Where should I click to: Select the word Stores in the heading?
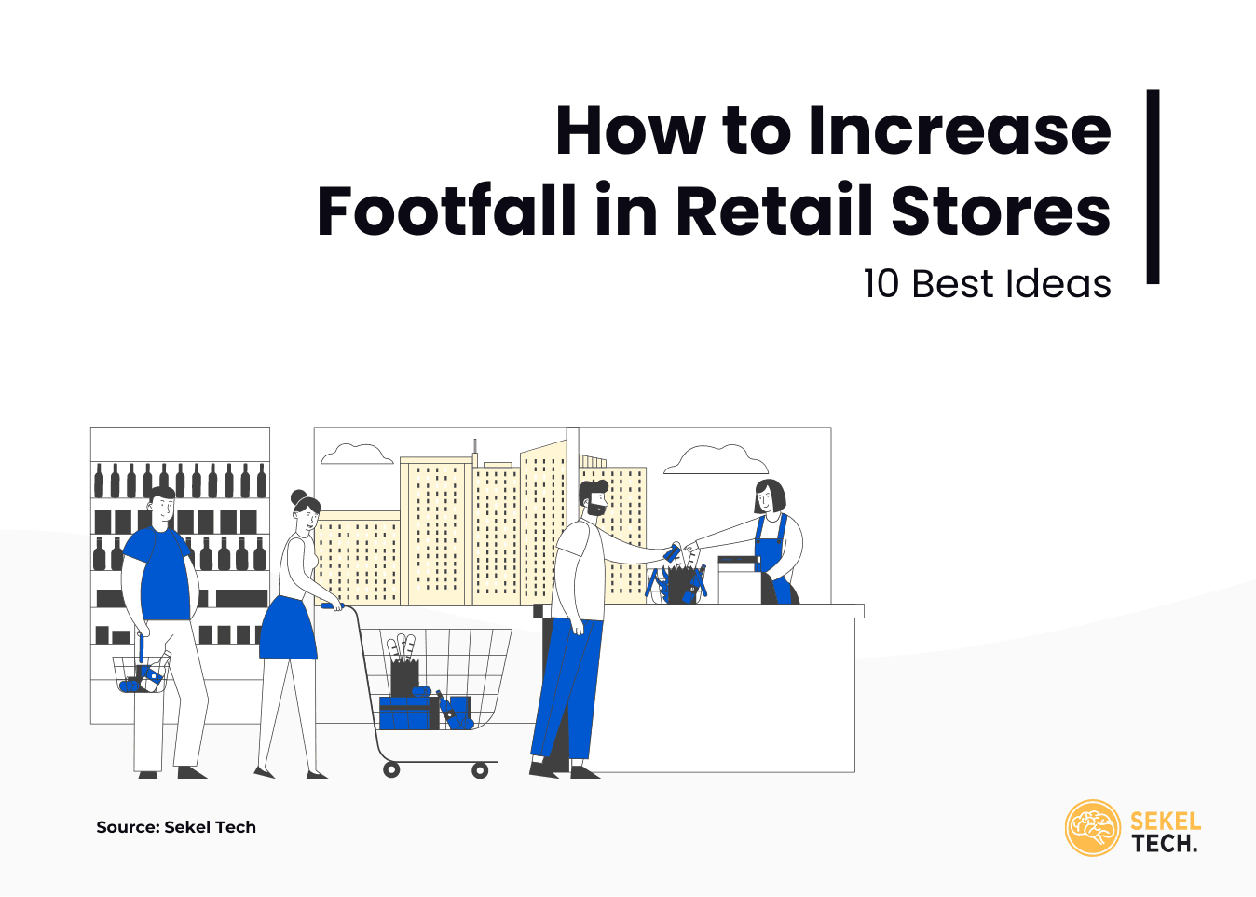[x=1001, y=211]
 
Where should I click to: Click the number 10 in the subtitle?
[x=881, y=284]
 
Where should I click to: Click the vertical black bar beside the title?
[x=1153, y=186]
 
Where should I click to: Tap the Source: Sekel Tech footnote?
[x=176, y=827]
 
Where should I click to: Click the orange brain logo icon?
[x=1092, y=827]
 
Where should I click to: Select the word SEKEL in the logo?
[x=1166, y=822]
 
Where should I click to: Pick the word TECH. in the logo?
[x=1165, y=844]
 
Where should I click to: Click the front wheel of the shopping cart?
[x=480, y=770]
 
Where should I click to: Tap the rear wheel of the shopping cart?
[x=392, y=769]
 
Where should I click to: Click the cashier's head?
[x=769, y=497]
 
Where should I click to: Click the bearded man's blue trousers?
[x=567, y=689]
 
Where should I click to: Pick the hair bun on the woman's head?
[x=298, y=496]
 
